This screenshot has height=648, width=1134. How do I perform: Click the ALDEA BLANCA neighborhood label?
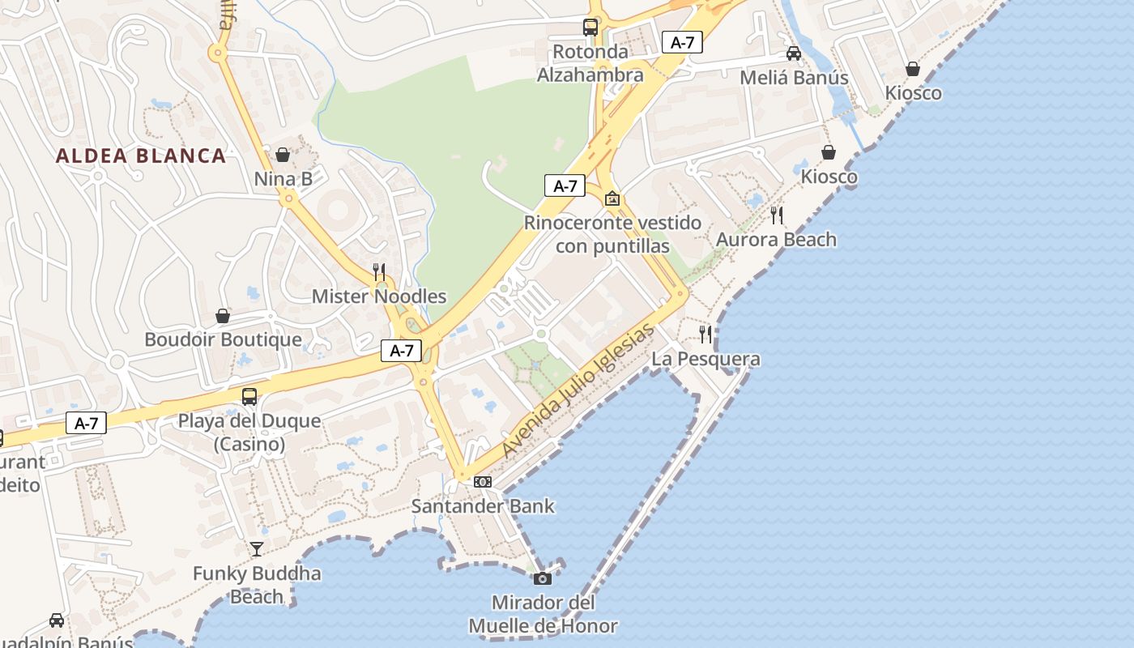(x=141, y=156)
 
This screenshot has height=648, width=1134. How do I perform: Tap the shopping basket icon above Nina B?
(x=283, y=154)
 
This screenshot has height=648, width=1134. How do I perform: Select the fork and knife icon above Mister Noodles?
(x=378, y=271)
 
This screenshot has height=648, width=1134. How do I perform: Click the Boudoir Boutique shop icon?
(x=223, y=316)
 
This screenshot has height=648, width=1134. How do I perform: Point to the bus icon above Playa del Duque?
(x=249, y=397)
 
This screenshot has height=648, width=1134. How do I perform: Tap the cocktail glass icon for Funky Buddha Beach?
(x=257, y=549)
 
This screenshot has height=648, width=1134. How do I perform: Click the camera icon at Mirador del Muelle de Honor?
(x=543, y=578)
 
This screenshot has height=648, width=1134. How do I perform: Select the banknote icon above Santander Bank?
(x=483, y=482)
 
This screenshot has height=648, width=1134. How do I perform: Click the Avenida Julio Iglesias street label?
(x=577, y=390)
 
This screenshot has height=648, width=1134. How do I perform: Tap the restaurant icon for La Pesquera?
(x=706, y=334)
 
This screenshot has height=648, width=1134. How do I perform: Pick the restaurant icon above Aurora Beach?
(x=777, y=215)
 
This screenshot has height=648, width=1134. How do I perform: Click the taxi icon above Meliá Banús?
(x=794, y=53)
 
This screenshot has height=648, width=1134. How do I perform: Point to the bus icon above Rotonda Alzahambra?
(x=590, y=28)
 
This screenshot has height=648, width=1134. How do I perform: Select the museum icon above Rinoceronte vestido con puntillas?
(x=612, y=198)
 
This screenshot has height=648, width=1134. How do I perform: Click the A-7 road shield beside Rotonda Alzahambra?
(x=682, y=42)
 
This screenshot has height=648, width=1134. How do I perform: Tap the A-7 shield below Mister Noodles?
(x=402, y=351)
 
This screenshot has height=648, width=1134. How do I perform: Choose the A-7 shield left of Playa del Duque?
(x=86, y=423)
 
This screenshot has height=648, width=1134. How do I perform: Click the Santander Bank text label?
(x=483, y=506)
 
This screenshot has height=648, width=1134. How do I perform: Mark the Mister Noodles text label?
(x=379, y=296)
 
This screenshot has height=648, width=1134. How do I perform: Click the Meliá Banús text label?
(x=794, y=78)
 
